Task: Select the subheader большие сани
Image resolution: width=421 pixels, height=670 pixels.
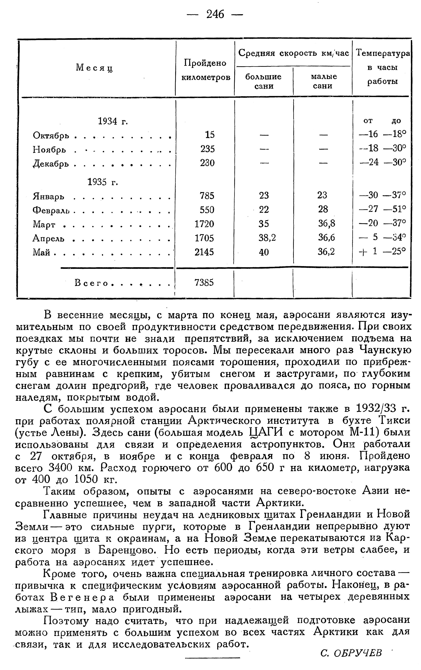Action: (x=263, y=81)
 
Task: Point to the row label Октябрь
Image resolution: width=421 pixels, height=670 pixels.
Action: (x=51, y=135)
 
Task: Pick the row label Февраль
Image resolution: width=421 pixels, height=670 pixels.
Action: (x=52, y=209)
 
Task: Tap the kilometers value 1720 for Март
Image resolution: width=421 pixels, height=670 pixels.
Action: (x=204, y=224)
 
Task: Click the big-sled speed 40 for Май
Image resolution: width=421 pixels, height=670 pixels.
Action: (x=264, y=252)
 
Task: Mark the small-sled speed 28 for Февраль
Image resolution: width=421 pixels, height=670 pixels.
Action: (x=323, y=209)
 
